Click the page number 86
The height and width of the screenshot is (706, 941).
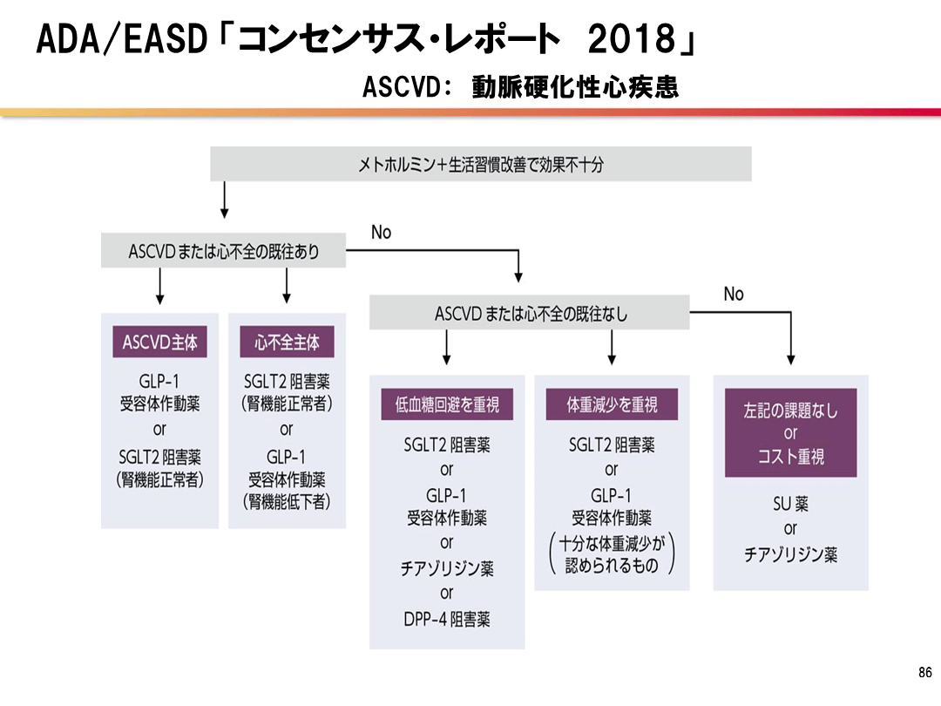(925, 672)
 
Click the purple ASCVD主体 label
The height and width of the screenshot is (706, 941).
(159, 342)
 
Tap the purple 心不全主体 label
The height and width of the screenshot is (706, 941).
(287, 342)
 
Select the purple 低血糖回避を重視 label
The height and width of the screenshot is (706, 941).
(447, 404)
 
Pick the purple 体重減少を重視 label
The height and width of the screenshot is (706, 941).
(612, 404)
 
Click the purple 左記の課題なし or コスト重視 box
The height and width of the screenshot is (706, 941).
(790, 433)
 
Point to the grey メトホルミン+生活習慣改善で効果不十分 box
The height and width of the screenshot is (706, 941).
(481, 164)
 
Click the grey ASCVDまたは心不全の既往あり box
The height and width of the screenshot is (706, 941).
(224, 251)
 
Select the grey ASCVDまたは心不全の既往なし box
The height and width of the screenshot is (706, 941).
(530, 313)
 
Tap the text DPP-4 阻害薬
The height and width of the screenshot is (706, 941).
(447, 620)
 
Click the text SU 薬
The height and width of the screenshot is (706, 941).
(790, 504)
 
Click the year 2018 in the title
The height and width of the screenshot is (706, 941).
(632, 39)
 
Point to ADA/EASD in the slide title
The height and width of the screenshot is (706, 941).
(121, 39)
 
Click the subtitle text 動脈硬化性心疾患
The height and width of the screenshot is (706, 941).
(575, 88)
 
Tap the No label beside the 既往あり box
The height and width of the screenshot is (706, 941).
(381, 232)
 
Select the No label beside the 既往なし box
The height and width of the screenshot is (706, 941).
(734, 294)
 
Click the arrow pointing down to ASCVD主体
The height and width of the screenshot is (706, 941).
(159, 288)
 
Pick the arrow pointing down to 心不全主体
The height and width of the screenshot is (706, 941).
(287, 288)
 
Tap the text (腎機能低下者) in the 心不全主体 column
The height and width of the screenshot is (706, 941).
(287, 503)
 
